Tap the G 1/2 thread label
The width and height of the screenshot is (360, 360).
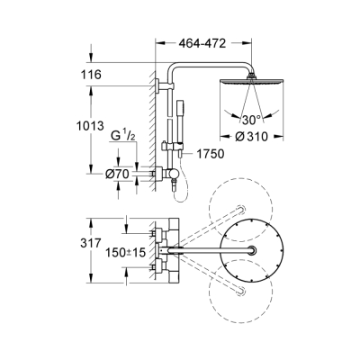coord(122,138)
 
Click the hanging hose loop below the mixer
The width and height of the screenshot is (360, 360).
coord(176,184)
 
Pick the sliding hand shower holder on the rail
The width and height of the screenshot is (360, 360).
coord(166,145)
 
